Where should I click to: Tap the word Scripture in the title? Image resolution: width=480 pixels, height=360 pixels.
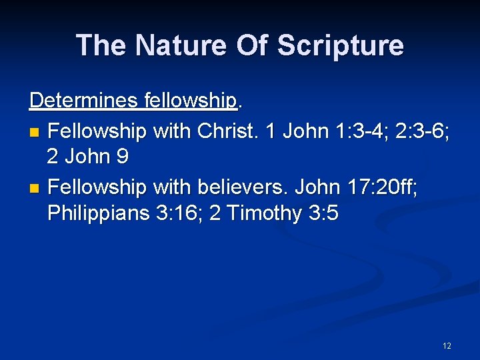pos(340,45)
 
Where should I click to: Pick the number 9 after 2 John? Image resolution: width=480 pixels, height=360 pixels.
pos(123,157)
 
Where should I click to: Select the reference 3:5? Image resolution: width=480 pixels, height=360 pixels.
pos(323,213)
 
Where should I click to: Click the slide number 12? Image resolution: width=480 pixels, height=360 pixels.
pos(447,345)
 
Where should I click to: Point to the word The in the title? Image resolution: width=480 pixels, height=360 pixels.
pos(100,45)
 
